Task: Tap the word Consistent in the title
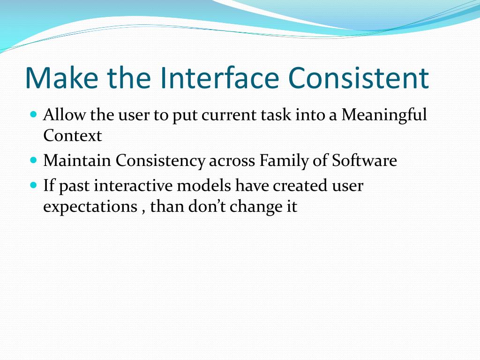coord(358,78)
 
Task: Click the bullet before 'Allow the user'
coord(33,114)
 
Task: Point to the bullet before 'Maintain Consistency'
coord(33,160)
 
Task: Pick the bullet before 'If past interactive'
coord(33,185)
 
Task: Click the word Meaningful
coord(384,115)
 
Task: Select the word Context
coord(72,136)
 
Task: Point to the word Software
coord(364,161)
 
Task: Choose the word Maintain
coord(77,161)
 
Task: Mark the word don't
coord(207,207)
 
